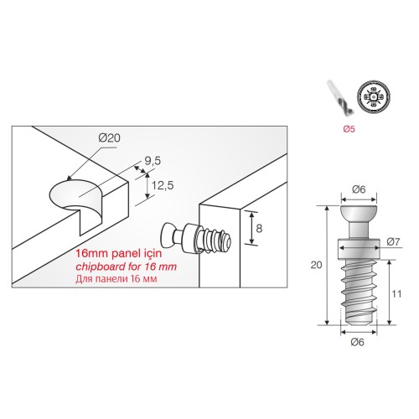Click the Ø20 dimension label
pos(110,138)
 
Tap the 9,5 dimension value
pos(153,161)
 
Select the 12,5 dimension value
pos(163,185)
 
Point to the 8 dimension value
pos(259,229)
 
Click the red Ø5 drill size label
pos(349,129)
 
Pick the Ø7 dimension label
pos(393,241)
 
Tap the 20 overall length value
pos(316,265)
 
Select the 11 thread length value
pos(396,294)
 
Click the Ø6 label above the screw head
pos(359,189)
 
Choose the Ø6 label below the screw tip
pos(357,342)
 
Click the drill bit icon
pos(340,97)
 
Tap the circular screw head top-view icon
pos(373,97)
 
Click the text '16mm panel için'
pos(119,254)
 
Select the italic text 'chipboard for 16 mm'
pos(127,266)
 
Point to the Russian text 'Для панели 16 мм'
pos(116,279)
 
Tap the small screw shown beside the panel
pos(195,238)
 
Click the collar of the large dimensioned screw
pos(359,248)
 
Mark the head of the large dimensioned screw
pos(359,213)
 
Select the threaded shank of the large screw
pos(359,292)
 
